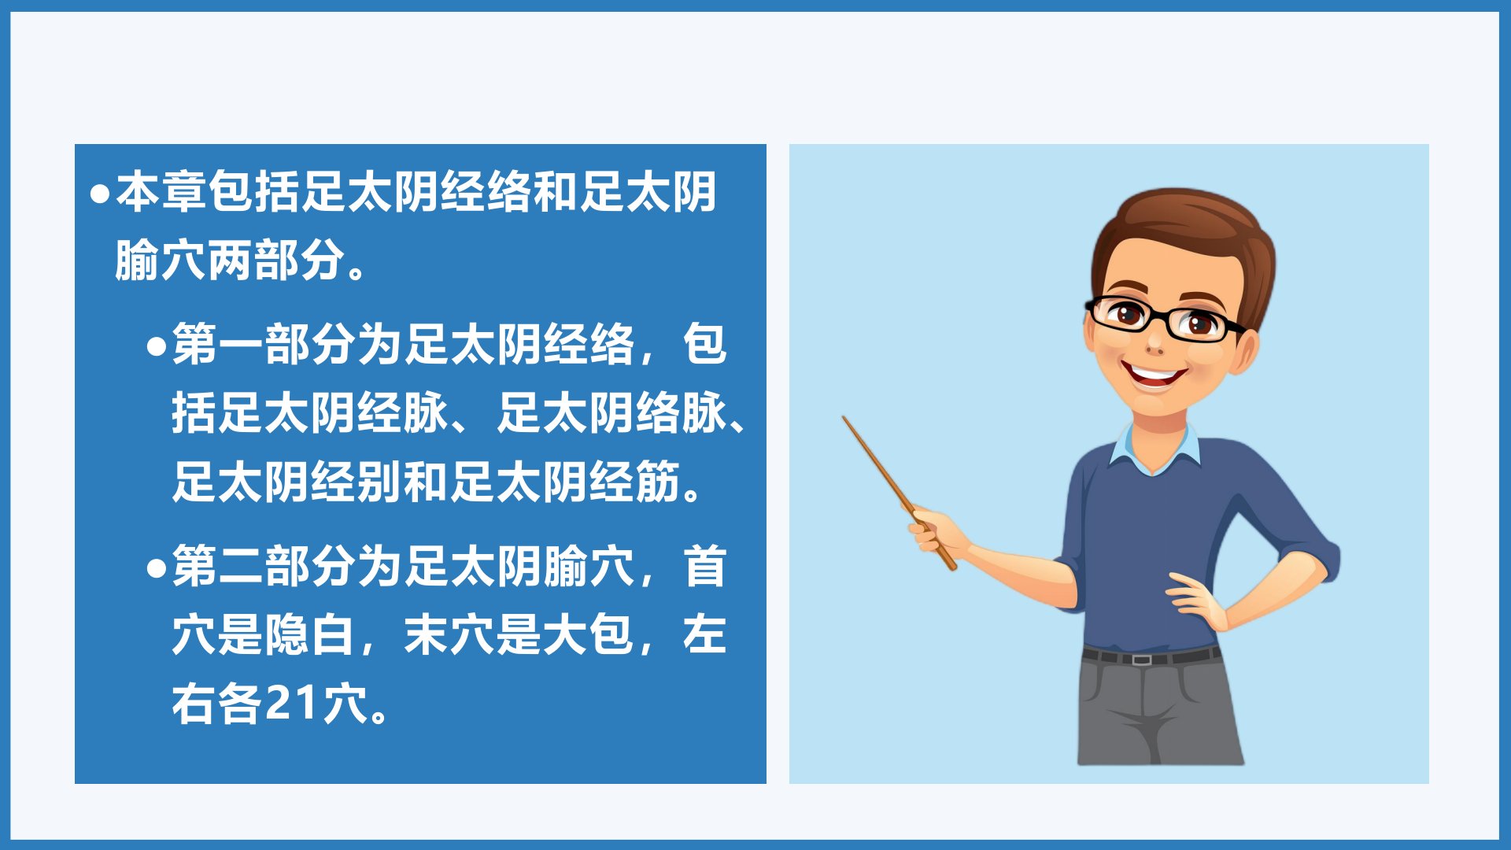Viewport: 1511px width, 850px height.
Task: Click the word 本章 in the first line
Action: point(162,192)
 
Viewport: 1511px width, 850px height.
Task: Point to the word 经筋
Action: point(635,482)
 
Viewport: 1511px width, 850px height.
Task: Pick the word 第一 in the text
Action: point(218,345)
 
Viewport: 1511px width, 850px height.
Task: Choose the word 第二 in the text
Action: point(218,567)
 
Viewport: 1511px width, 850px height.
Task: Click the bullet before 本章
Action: point(100,194)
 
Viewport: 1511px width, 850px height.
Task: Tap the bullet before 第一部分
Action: point(157,346)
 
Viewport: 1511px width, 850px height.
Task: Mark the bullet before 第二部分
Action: point(157,568)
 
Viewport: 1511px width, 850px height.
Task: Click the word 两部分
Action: point(253,261)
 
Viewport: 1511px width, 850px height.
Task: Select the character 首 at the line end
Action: point(705,567)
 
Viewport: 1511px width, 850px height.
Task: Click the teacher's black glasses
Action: point(1163,318)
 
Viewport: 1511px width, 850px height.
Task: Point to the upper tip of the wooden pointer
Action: point(844,417)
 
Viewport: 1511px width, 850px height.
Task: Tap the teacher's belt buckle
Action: point(1140,659)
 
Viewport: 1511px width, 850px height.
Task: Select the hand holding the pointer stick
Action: point(937,532)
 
